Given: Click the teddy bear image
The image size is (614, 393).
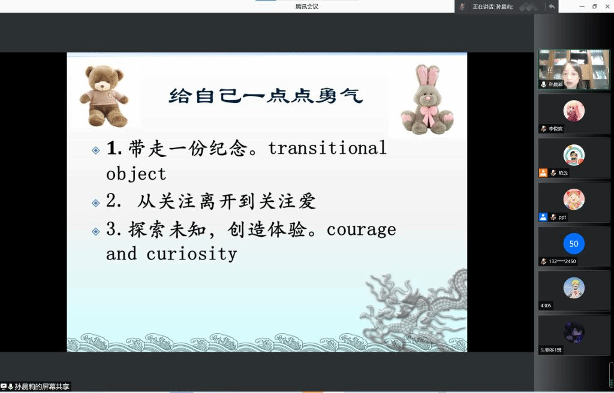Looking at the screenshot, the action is point(104,96).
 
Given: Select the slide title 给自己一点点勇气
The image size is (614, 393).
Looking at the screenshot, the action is point(266,96).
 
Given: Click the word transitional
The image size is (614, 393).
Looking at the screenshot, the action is point(327,148).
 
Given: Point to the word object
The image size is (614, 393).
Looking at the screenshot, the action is point(136,174).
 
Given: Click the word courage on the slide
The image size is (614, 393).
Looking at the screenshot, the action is point(361,230).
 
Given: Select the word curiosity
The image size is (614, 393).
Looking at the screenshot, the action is point(191,254).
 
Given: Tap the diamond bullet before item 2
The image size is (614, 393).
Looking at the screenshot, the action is point(95,202).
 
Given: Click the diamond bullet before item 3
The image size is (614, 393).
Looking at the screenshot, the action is point(95,231).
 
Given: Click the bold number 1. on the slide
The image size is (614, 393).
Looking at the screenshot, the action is point(114,149).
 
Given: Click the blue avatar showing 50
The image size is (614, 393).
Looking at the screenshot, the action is point(574,243).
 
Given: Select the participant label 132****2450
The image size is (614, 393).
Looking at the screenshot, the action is point(562,261).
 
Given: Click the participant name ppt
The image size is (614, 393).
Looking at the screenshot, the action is point(562,217).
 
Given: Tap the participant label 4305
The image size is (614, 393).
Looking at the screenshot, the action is point(546,306).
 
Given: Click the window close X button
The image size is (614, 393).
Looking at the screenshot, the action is point(607,6).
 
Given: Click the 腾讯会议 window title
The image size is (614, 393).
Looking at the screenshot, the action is point(306,6).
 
